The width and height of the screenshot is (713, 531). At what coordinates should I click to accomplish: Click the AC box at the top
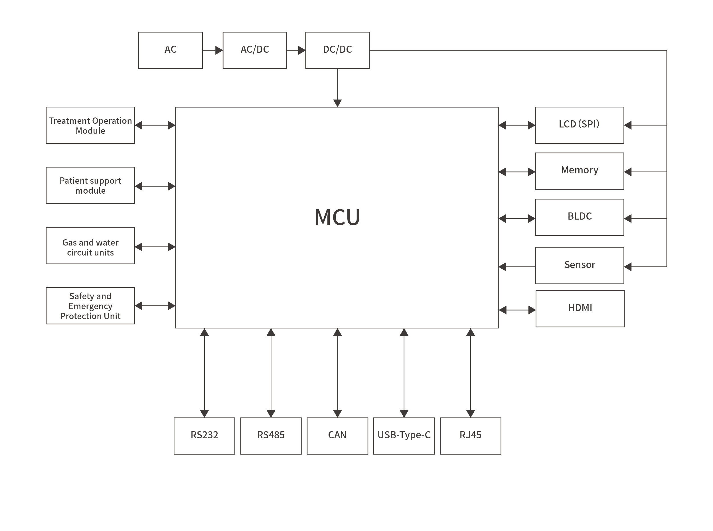click(x=170, y=50)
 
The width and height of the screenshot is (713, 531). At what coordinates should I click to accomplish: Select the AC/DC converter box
click(x=255, y=50)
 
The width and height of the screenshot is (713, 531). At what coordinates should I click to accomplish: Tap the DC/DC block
click(x=337, y=50)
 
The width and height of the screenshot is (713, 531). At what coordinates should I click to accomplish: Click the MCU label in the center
click(x=337, y=218)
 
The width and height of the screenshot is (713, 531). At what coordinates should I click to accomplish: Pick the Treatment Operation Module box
click(x=90, y=125)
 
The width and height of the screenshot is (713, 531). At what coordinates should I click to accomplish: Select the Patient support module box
click(x=90, y=185)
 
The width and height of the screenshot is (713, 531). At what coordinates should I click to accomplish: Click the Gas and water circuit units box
click(x=90, y=246)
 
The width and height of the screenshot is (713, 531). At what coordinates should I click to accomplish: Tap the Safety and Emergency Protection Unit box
click(x=90, y=306)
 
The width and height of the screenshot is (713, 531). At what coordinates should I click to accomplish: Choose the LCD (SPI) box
click(x=579, y=125)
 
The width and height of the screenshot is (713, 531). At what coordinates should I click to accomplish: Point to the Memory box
click(x=579, y=171)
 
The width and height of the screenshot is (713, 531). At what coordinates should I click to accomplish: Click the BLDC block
click(x=579, y=217)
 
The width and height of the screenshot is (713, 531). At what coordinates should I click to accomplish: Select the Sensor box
click(x=579, y=265)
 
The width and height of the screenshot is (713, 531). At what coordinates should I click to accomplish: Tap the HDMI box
click(x=580, y=309)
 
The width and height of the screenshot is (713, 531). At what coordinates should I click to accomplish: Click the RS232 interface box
click(x=204, y=436)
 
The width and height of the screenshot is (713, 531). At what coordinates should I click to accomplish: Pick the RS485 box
click(x=271, y=436)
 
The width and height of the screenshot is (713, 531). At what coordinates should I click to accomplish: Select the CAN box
click(x=337, y=436)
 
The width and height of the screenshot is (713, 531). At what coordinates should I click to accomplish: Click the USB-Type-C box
click(x=404, y=436)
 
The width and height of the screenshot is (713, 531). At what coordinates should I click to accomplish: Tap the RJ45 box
click(x=470, y=436)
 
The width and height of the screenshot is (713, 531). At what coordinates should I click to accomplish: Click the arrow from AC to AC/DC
click(x=212, y=50)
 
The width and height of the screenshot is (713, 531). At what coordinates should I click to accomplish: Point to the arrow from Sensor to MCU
click(x=516, y=267)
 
